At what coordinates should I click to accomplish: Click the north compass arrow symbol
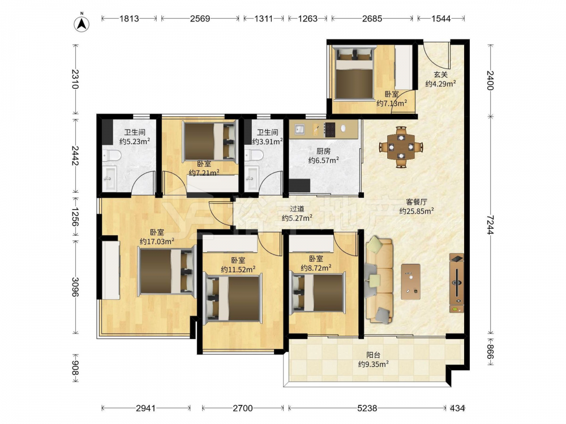coord(82,23)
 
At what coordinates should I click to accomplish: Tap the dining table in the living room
coord(401,147)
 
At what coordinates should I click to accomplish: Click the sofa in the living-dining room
coord(379,279)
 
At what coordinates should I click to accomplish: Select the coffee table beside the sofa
coord(410,282)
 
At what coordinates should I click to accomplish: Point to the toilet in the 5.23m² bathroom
coord(111,155)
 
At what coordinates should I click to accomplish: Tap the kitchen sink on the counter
coord(299,129)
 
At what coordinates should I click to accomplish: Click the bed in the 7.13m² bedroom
coord(354,74)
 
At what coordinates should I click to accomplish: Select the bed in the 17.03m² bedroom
coord(166,271)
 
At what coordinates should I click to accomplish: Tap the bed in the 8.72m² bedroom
coord(318,292)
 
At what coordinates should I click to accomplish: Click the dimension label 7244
coord(490,225)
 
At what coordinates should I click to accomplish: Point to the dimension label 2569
coord(200,19)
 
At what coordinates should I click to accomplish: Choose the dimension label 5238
coord(367,408)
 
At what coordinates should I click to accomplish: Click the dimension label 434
coord(457,408)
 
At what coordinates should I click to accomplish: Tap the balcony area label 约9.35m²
coord(373,364)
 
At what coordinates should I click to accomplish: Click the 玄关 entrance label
coord(440,75)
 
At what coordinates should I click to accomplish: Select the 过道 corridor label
coord(297,209)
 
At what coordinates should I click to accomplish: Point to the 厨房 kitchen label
coord(323,151)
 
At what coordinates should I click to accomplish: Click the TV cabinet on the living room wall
coord(457,283)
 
